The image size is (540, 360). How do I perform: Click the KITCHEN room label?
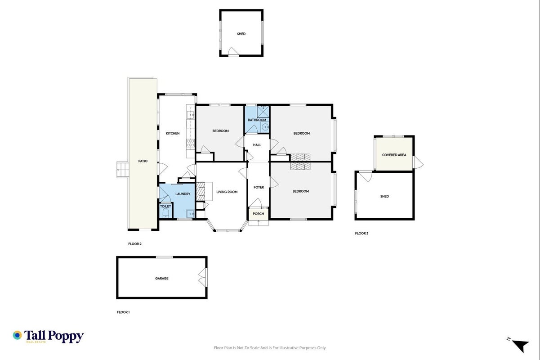point(173,133)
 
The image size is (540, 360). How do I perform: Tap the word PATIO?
point(143,161)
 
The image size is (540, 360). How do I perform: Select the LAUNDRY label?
point(183,194)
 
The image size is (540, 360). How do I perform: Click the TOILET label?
point(165,206)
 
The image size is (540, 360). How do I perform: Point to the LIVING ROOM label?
point(227,192)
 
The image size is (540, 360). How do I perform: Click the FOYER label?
point(259,187)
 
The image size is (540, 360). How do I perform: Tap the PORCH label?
point(258,214)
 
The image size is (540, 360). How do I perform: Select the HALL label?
point(257,145)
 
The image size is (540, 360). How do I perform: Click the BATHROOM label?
point(257,120)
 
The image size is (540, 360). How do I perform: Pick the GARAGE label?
point(161,279)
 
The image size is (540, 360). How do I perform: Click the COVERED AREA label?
point(394,155)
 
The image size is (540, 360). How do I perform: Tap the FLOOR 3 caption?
point(361,233)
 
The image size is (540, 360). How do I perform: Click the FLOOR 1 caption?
point(123,312)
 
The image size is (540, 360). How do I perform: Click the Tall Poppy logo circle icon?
point(18,335)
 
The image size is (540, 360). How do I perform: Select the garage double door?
point(203,277)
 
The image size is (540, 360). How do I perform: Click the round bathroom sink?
point(265,127)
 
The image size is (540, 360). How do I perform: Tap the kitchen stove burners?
point(190,143)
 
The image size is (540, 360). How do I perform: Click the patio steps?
point(123,170)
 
